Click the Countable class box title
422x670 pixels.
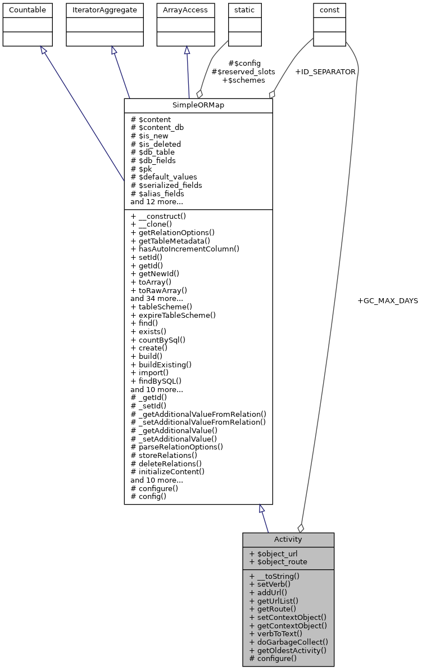tap(28, 10)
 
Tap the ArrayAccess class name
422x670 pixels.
tap(186, 10)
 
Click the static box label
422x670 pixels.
tap(244, 10)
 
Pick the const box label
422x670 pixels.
tap(329, 10)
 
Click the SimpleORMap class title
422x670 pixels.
tap(198, 106)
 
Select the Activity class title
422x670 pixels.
tap(288, 539)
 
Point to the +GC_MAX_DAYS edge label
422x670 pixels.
tap(388, 301)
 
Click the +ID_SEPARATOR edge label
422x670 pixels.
tap(325, 72)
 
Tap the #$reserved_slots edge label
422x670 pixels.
tap(243, 72)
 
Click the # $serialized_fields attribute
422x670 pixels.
tap(166, 185)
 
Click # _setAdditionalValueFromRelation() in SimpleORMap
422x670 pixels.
tap(198, 422)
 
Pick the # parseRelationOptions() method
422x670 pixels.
tap(176, 447)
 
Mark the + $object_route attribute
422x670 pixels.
tap(278, 561)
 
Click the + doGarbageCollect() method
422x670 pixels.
tap(289, 641)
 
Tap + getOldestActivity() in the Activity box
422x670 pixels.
tap(288, 650)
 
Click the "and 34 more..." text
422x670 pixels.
tap(157, 298)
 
